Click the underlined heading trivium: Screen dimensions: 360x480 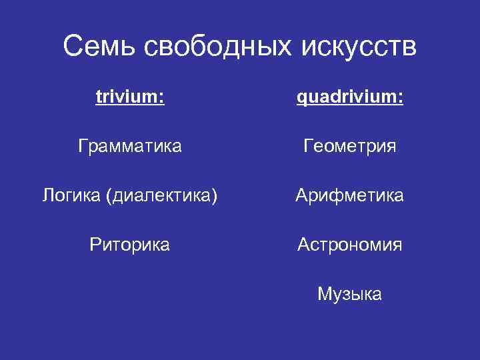pos(130,98)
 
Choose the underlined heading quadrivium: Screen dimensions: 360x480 pos(350,98)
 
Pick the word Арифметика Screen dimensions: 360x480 pos(350,196)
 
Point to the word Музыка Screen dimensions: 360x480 pos(350,294)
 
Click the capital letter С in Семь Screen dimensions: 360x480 pos(73,47)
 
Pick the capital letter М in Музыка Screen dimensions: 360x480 pos(325,294)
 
